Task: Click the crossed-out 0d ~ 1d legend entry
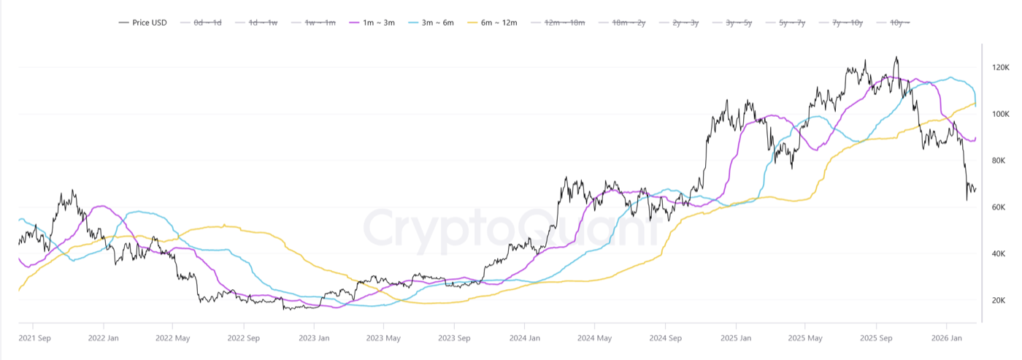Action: pos(207,23)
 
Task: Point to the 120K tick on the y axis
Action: pos(1000,67)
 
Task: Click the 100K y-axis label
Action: pos(1000,114)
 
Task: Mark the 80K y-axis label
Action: pos(1000,161)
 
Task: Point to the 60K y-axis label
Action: pos(1000,207)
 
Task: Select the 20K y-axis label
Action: pos(1000,300)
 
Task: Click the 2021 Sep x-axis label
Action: pos(34,338)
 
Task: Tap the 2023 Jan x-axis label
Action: pos(314,338)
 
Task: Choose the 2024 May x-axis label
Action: pos(593,338)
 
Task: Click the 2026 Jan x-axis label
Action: pos(945,338)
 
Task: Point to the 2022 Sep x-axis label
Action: pos(244,338)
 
